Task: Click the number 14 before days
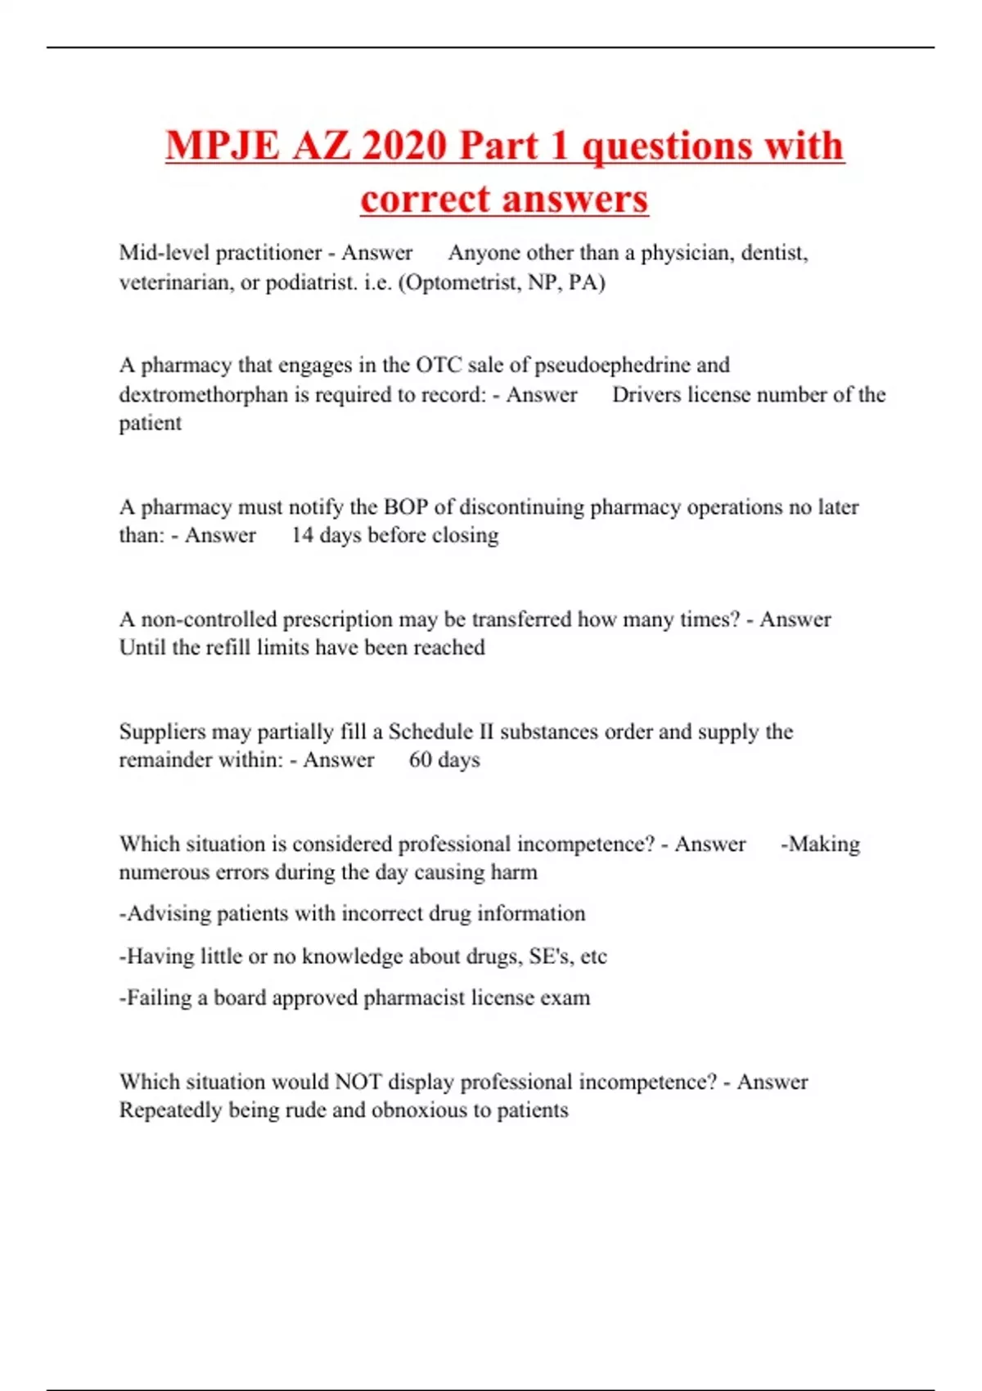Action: [x=302, y=536]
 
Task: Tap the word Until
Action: [x=141, y=648]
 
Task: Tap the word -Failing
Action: [x=156, y=998]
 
